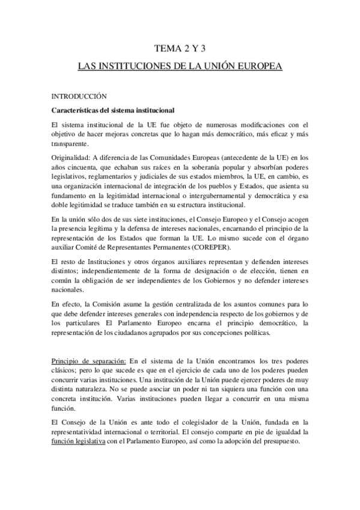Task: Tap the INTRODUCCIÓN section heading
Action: pyautogui.click(x=79, y=96)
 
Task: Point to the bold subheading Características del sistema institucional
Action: pyautogui.click(x=113, y=111)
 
